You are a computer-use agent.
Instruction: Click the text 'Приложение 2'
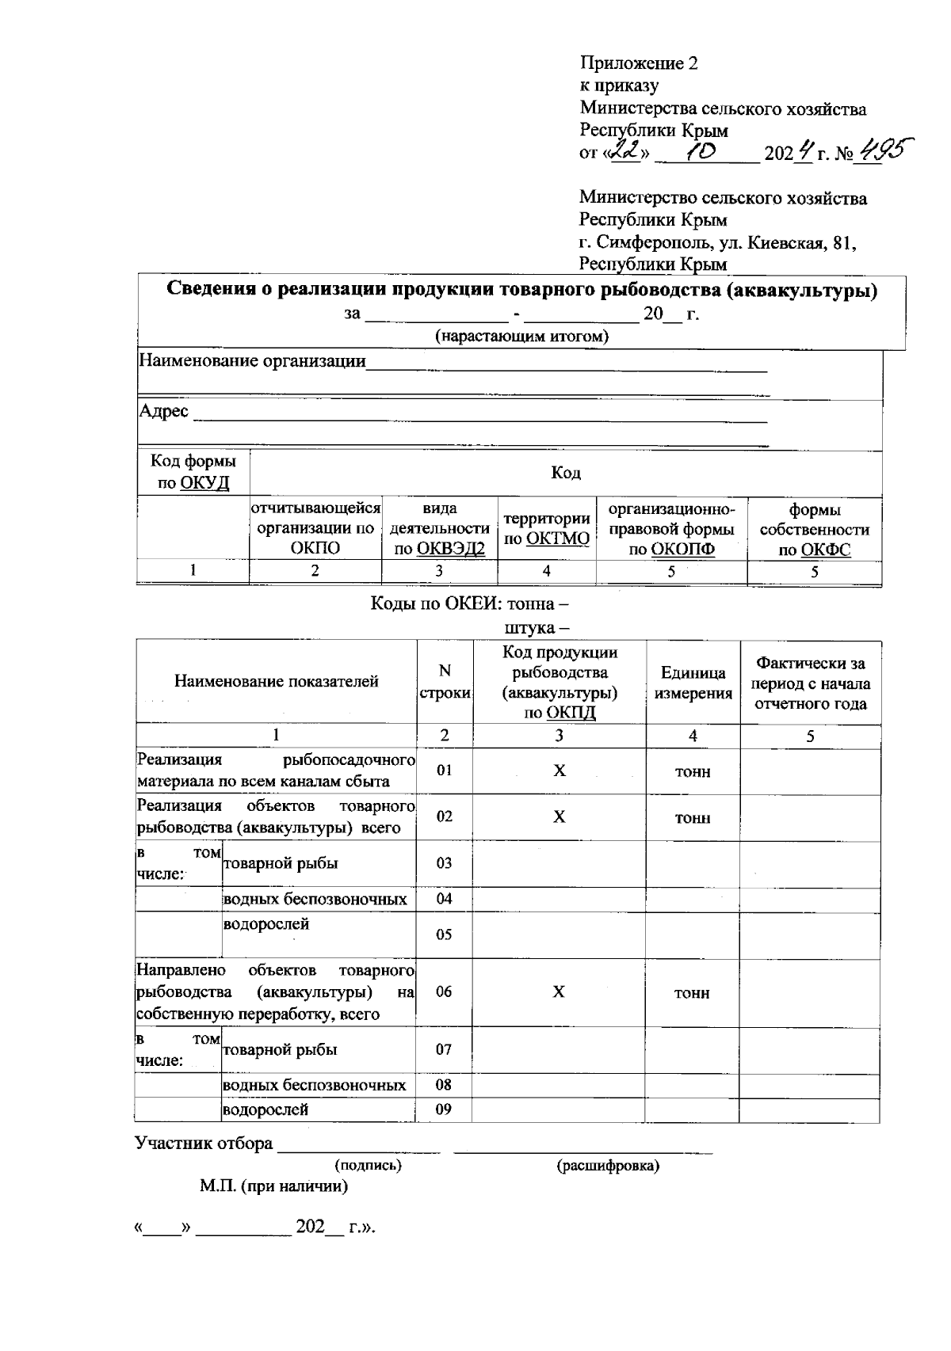click(x=638, y=63)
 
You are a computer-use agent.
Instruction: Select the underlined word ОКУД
click(x=204, y=483)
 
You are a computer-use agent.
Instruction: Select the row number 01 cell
click(x=445, y=770)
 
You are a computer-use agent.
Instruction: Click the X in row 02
click(x=559, y=816)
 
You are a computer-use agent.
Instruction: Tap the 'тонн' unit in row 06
click(x=692, y=993)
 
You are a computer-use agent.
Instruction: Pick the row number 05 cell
click(x=444, y=934)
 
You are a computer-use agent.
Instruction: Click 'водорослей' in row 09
click(x=265, y=1109)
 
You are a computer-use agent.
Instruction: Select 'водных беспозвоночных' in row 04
click(x=315, y=899)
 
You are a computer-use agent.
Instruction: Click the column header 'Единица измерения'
click(x=693, y=683)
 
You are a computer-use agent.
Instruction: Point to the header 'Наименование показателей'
click(x=276, y=681)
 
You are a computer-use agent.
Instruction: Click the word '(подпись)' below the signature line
click(x=368, y=1166)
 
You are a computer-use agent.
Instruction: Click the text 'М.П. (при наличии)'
click(x=273, y=1186)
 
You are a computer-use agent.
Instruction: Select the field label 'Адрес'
click(x=164, y=411)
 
